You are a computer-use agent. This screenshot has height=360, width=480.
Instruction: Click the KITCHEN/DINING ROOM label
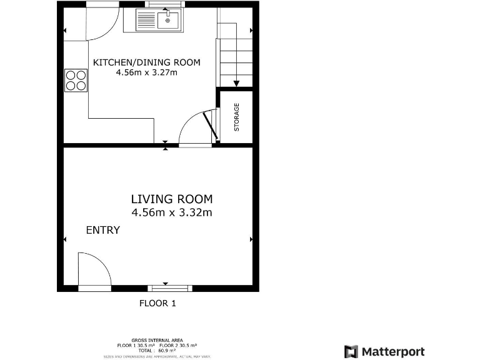click(146, 62)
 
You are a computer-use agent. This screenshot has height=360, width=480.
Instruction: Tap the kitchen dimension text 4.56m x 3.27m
click(146, 72)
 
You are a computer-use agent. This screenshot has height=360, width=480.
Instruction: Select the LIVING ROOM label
click(171, 199)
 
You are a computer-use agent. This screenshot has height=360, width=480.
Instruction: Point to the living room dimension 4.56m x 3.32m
click(171, 212)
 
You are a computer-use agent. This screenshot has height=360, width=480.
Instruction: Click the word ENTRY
click(102, 231)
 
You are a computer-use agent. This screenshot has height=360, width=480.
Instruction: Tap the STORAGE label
click(237, 117)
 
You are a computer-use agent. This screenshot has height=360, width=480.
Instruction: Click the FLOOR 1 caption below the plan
click(157, 304)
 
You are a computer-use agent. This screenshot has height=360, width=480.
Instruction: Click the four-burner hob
click(76, 80)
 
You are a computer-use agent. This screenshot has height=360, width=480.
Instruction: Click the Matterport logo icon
click(351, 351)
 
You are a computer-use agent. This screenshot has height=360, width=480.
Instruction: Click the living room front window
click(170, 288)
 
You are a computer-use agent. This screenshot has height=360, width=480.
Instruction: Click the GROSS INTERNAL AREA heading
click(157, 340)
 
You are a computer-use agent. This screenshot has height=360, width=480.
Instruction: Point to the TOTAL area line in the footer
click(157, 351)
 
